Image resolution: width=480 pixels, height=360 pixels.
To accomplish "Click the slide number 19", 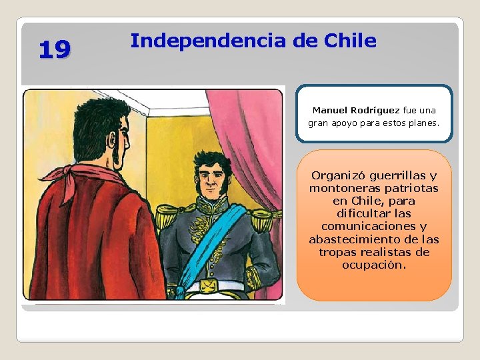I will [x=55, y=49].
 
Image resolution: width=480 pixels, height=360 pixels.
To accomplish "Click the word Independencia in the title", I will [x=209, y=41].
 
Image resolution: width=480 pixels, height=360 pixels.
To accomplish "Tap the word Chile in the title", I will [x=350, y=41].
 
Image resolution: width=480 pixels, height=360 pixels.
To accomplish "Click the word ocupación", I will [x=374, y=265].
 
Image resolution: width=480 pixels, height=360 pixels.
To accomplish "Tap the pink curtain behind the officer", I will [x=257, y=133].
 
